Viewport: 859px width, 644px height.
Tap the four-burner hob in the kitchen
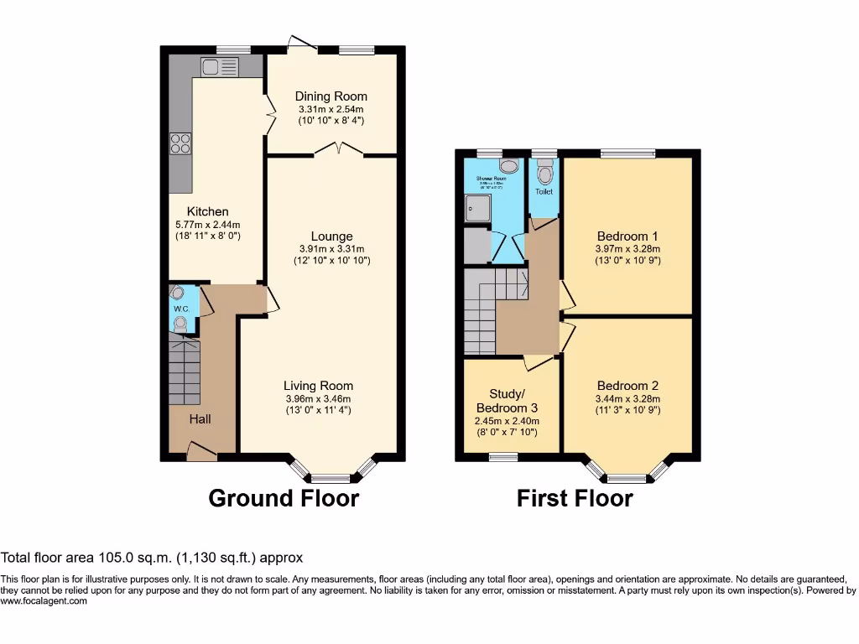point(180,144)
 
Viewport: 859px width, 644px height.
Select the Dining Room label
point(331,96)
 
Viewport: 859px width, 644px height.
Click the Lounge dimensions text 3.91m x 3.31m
point(331,249)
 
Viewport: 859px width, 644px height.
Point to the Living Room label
point(318,386)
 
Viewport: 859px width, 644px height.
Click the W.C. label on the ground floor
point(182,309)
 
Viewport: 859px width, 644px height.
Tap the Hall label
point(200,418)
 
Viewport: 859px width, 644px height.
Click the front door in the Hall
point(201,453)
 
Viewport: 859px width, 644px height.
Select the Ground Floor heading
point(284,498)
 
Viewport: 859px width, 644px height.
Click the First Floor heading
point(575,499)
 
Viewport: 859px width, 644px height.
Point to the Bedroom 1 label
point(627,236)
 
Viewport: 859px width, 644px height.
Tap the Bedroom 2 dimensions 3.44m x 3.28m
point(627,399)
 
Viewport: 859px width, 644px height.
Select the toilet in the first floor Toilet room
point(545,173)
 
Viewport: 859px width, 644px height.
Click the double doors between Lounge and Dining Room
point(339,151)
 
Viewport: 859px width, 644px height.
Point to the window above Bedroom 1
point(627,153)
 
